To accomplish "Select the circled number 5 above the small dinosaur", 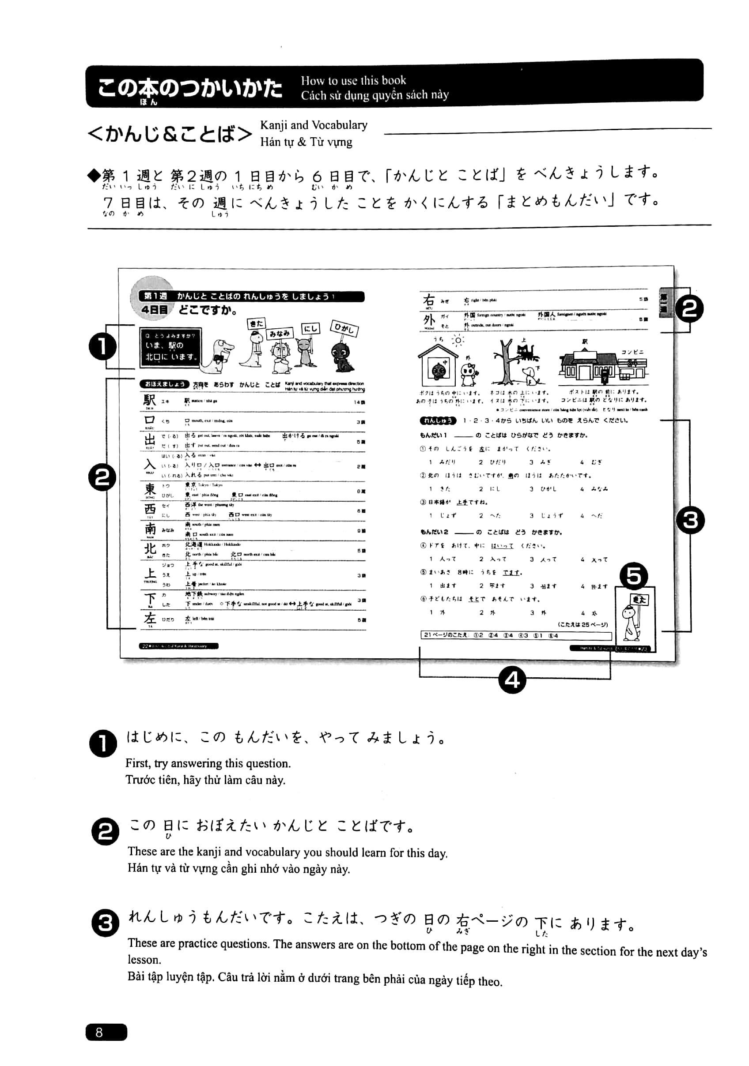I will [634, 576].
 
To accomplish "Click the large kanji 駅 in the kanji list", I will [150, 400].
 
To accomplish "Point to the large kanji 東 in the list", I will [150, 489].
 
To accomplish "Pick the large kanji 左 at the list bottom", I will [150, 619].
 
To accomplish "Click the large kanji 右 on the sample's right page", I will [428, 300].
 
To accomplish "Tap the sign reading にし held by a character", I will [310, 328].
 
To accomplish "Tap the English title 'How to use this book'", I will [353, 80].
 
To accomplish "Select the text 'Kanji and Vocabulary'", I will [314, 125].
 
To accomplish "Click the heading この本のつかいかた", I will [189, 88].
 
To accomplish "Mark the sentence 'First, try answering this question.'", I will [208, 763].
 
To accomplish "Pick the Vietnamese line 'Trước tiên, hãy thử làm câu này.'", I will [205, 780].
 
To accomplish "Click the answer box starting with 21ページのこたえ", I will [515, 635].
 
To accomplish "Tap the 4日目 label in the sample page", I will [155, 310].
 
